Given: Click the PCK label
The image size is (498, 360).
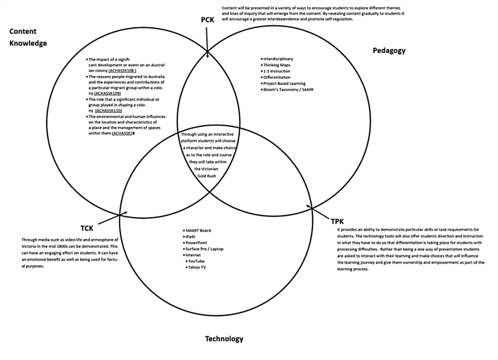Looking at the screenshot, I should click(x=207, y=20).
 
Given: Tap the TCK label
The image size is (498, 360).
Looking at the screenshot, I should click(x=88, y=228).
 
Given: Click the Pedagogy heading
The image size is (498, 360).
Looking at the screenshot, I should click(x=389, y=50).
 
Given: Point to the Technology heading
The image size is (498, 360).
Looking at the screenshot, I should click(x=224, y=339).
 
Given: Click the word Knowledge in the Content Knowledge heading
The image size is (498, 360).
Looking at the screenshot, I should click(x=28, y=43).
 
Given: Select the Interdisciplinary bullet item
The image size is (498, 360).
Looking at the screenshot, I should click(x=278, y=59).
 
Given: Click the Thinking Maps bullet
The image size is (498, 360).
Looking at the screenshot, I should click(x=276, y=65).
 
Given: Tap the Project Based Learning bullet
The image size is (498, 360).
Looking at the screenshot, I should click(x=285, y=84).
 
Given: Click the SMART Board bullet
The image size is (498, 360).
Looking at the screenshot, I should click(x=199, y=230).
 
